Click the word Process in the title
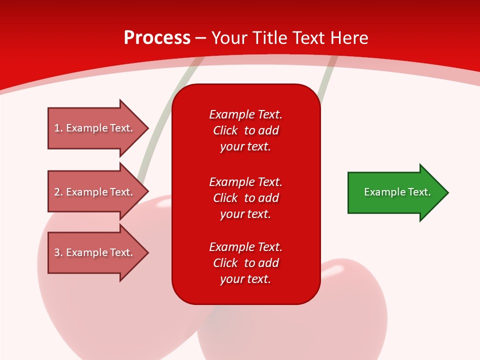coord(157,38)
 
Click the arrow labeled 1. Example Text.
coord(98,128)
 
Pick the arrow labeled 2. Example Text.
coord(98,191)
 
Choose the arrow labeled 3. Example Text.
coord(98,252)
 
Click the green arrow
coord(398,192)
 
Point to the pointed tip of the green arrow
coord(448,192)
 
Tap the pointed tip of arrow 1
coord(148,128)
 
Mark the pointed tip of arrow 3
coord(148,252)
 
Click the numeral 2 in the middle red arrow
coord(57,192)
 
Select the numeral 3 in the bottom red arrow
coord(57,252)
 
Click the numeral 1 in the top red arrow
coord(57,128)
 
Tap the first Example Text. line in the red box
coord(245,114)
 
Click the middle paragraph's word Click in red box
coord(225,198)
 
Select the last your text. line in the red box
coord(245,279)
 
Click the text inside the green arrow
coord(397,192)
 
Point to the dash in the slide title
coord(201,39)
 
